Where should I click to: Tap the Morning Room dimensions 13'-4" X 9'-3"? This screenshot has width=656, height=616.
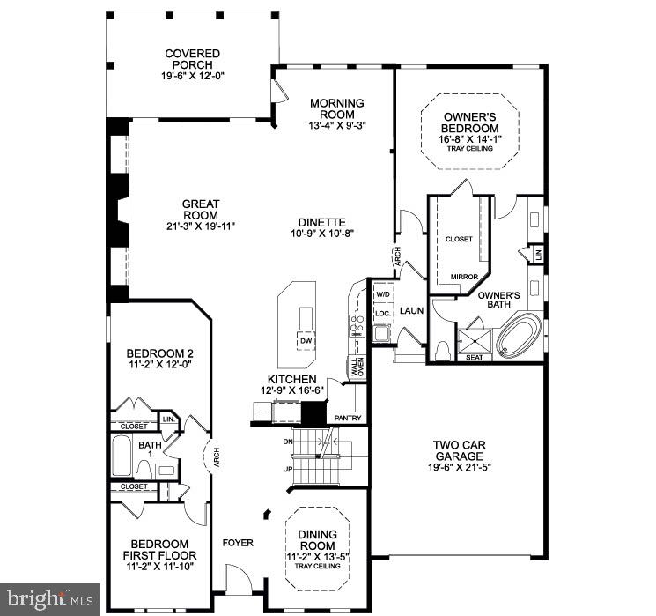(332, 125)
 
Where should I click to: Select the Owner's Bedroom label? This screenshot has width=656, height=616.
(470, 122)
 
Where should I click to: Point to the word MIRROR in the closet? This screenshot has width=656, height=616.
(464, 276)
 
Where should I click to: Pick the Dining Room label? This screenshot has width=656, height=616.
(316, 539)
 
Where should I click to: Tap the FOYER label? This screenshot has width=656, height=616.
(237, 543)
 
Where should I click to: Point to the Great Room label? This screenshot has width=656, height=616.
(200, 209)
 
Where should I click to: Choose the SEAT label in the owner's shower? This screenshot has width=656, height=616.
(475, 357)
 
